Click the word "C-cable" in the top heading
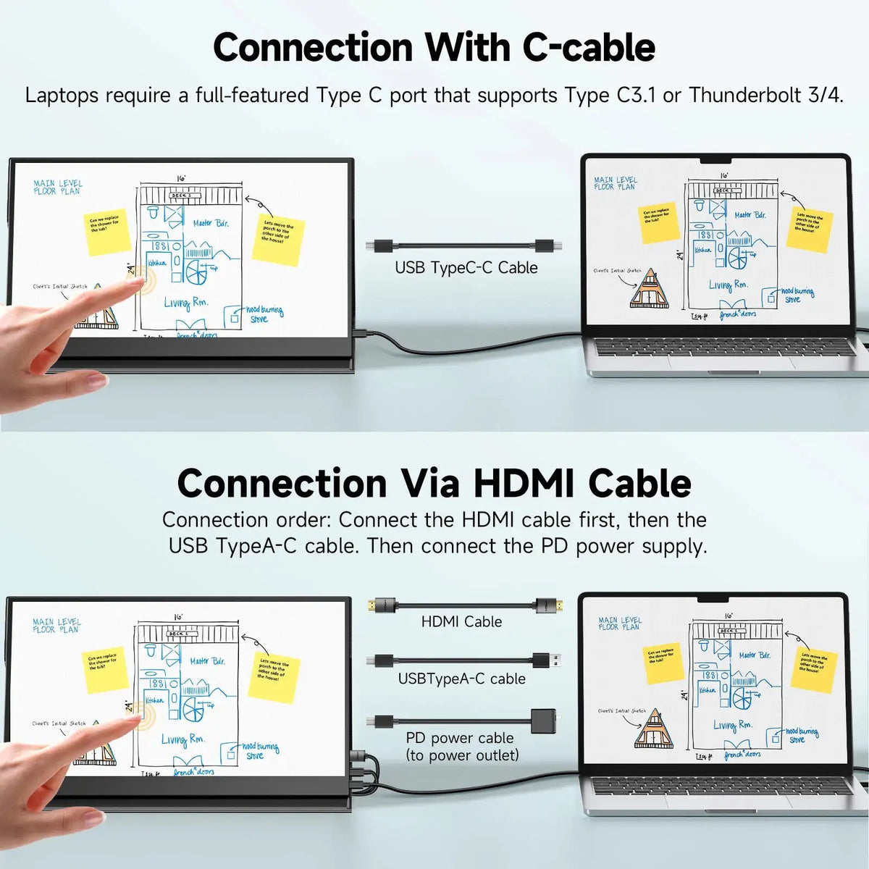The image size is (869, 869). coord(589,48)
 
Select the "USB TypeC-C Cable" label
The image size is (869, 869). coord(466,268)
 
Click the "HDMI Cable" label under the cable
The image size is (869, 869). coord(461,621)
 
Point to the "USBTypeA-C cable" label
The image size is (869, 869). coord(461,679)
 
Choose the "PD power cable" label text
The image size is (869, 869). coord(460,738)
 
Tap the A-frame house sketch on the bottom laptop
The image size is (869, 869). coord(652,729)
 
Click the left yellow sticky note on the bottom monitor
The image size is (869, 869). coord(104,668)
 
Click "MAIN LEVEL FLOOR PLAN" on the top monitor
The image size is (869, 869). coord(58,188)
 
